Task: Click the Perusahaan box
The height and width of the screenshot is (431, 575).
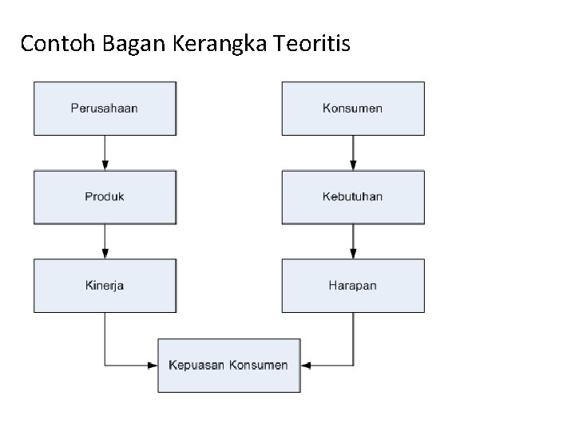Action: (105, 108)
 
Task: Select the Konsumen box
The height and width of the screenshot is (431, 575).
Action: (352, 108)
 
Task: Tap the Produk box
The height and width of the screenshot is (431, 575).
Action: (105, 196)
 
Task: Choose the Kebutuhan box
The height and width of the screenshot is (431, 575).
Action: (352, 196)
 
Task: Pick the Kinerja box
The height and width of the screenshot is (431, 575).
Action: (105, 285)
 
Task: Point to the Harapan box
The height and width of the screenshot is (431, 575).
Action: (352, 285)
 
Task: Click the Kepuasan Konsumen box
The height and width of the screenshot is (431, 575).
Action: (228, 366)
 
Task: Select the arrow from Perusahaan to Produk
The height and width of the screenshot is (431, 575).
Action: (105, 152)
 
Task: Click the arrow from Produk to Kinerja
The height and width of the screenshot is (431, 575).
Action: (105, 241)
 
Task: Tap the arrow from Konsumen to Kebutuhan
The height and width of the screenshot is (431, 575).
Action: (353, 152)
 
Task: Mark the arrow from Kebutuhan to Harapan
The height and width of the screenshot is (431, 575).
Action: (353, 241)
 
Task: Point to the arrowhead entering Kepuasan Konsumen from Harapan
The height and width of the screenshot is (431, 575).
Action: (305, 366)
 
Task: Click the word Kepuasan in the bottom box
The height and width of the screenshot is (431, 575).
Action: (196, 366)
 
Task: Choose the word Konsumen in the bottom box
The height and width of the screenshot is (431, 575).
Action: (258, 366)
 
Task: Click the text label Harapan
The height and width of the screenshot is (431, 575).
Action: (352, 285)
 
